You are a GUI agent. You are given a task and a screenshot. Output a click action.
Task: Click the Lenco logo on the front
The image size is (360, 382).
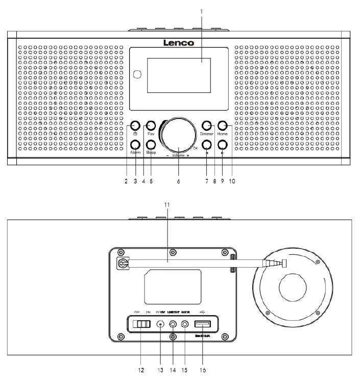pyautogui.click(x=178, y=43)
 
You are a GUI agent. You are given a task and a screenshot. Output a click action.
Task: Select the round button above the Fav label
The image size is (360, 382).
pyautogui.click(x=151, y=125)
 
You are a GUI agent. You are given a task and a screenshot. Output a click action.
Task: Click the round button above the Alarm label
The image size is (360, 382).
pyautogui.click(x=135, y=144)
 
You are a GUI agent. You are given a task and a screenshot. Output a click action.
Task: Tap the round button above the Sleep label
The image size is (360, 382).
pyautogui.click(x=151, y=144)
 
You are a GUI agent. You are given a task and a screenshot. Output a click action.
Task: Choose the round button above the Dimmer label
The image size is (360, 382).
pyautogui.click(x=207, y=125)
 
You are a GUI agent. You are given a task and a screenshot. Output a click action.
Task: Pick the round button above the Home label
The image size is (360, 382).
pyautogui.click(x=223, y=125)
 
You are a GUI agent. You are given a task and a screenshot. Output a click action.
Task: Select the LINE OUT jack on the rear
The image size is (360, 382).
pyautogui.click(x=174, y=324)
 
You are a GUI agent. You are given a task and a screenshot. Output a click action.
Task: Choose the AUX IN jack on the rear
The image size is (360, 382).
pyautogui.click(x=186, y=324)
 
